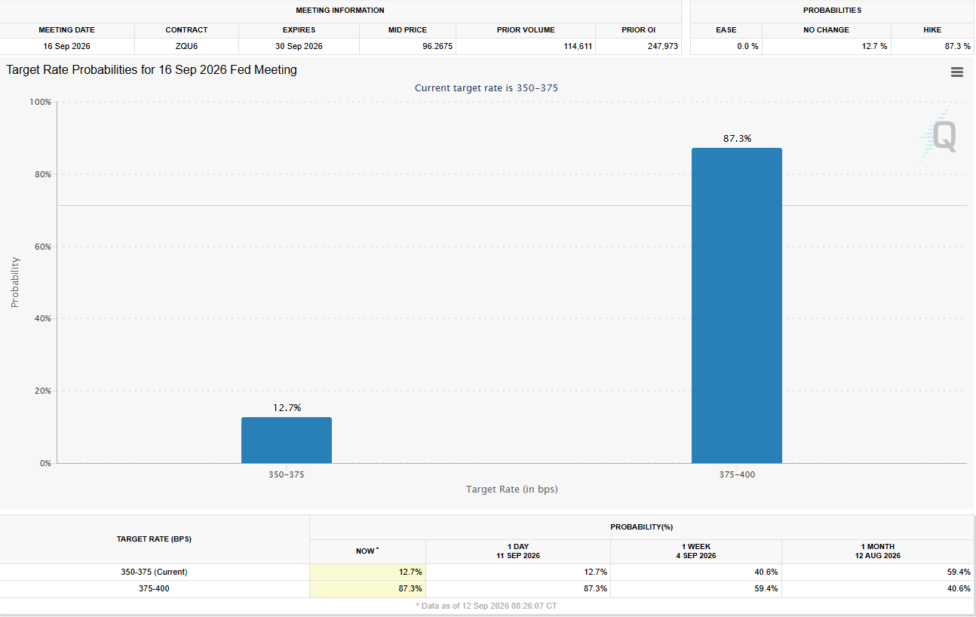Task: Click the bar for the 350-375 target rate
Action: click(x=287, y=440)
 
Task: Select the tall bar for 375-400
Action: click(x=737, y=305)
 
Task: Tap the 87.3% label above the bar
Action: click(x=737, y=139)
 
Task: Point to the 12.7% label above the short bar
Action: click(x=287, y=408)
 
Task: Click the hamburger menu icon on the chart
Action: click(x=957, y=72)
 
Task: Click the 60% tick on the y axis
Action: click(x=43, y=247)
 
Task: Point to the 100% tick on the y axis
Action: click(x=40, y=102)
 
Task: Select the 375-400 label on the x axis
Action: click(x=737, y=474)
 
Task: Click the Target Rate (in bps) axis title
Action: click(x=511, y=490)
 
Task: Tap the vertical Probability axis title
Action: click(x=15, y=282)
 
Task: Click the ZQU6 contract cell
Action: click(x=186, y=46)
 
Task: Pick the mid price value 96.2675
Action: click(x=437, y=46)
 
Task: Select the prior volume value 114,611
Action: click(x=578, y=46)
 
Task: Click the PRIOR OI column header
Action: click(x=638, y=30)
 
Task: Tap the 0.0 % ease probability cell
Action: click(x=747, y=46)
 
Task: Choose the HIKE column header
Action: click(x=932, y=30)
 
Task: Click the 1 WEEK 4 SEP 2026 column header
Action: click(x=696, y=551)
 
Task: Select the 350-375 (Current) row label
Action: click(x=154, y=572)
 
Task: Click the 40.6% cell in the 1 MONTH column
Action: click(x=959, y=588)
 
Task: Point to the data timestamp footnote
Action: click(x=486, y=606)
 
